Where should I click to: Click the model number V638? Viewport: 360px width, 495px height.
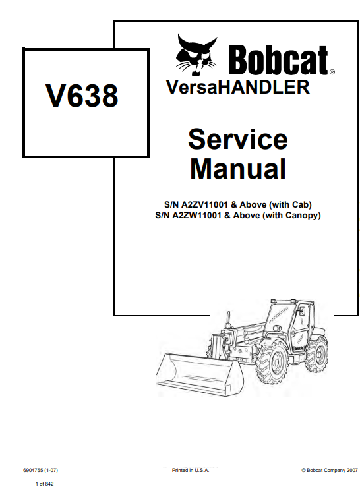coord(82,96)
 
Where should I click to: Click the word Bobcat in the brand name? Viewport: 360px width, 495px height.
coord(278,60)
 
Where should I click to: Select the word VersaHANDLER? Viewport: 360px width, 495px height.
coord(238,87)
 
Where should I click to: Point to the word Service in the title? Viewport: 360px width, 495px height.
coord(238,139)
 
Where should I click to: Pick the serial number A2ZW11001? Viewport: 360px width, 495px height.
coord(196,216)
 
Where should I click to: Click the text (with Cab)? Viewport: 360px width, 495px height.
coord(290,205)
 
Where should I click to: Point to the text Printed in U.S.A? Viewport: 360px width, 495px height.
coord(191,470)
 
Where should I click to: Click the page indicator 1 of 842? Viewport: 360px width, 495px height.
coord(45,484)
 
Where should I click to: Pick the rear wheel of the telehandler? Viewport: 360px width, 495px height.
coord(316,354)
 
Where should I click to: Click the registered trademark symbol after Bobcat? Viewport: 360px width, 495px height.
coord(332,72)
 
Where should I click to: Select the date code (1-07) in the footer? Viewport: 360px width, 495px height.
coord(51,470)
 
